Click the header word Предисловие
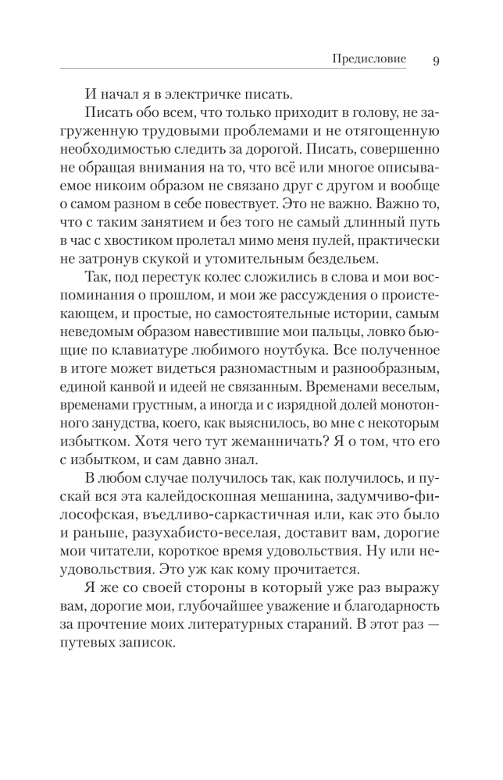369,60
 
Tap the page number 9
436,61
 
